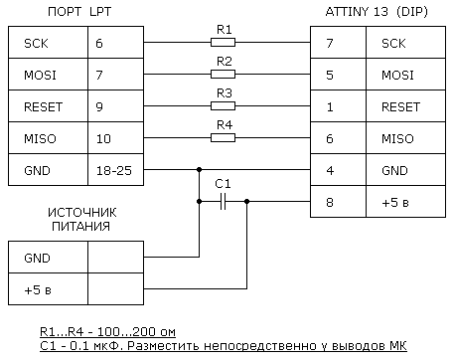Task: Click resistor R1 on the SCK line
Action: point(225,44)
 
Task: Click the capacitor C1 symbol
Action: point(223,200)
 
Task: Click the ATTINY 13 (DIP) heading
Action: point(379,11)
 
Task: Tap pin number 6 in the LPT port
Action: point(98,44)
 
